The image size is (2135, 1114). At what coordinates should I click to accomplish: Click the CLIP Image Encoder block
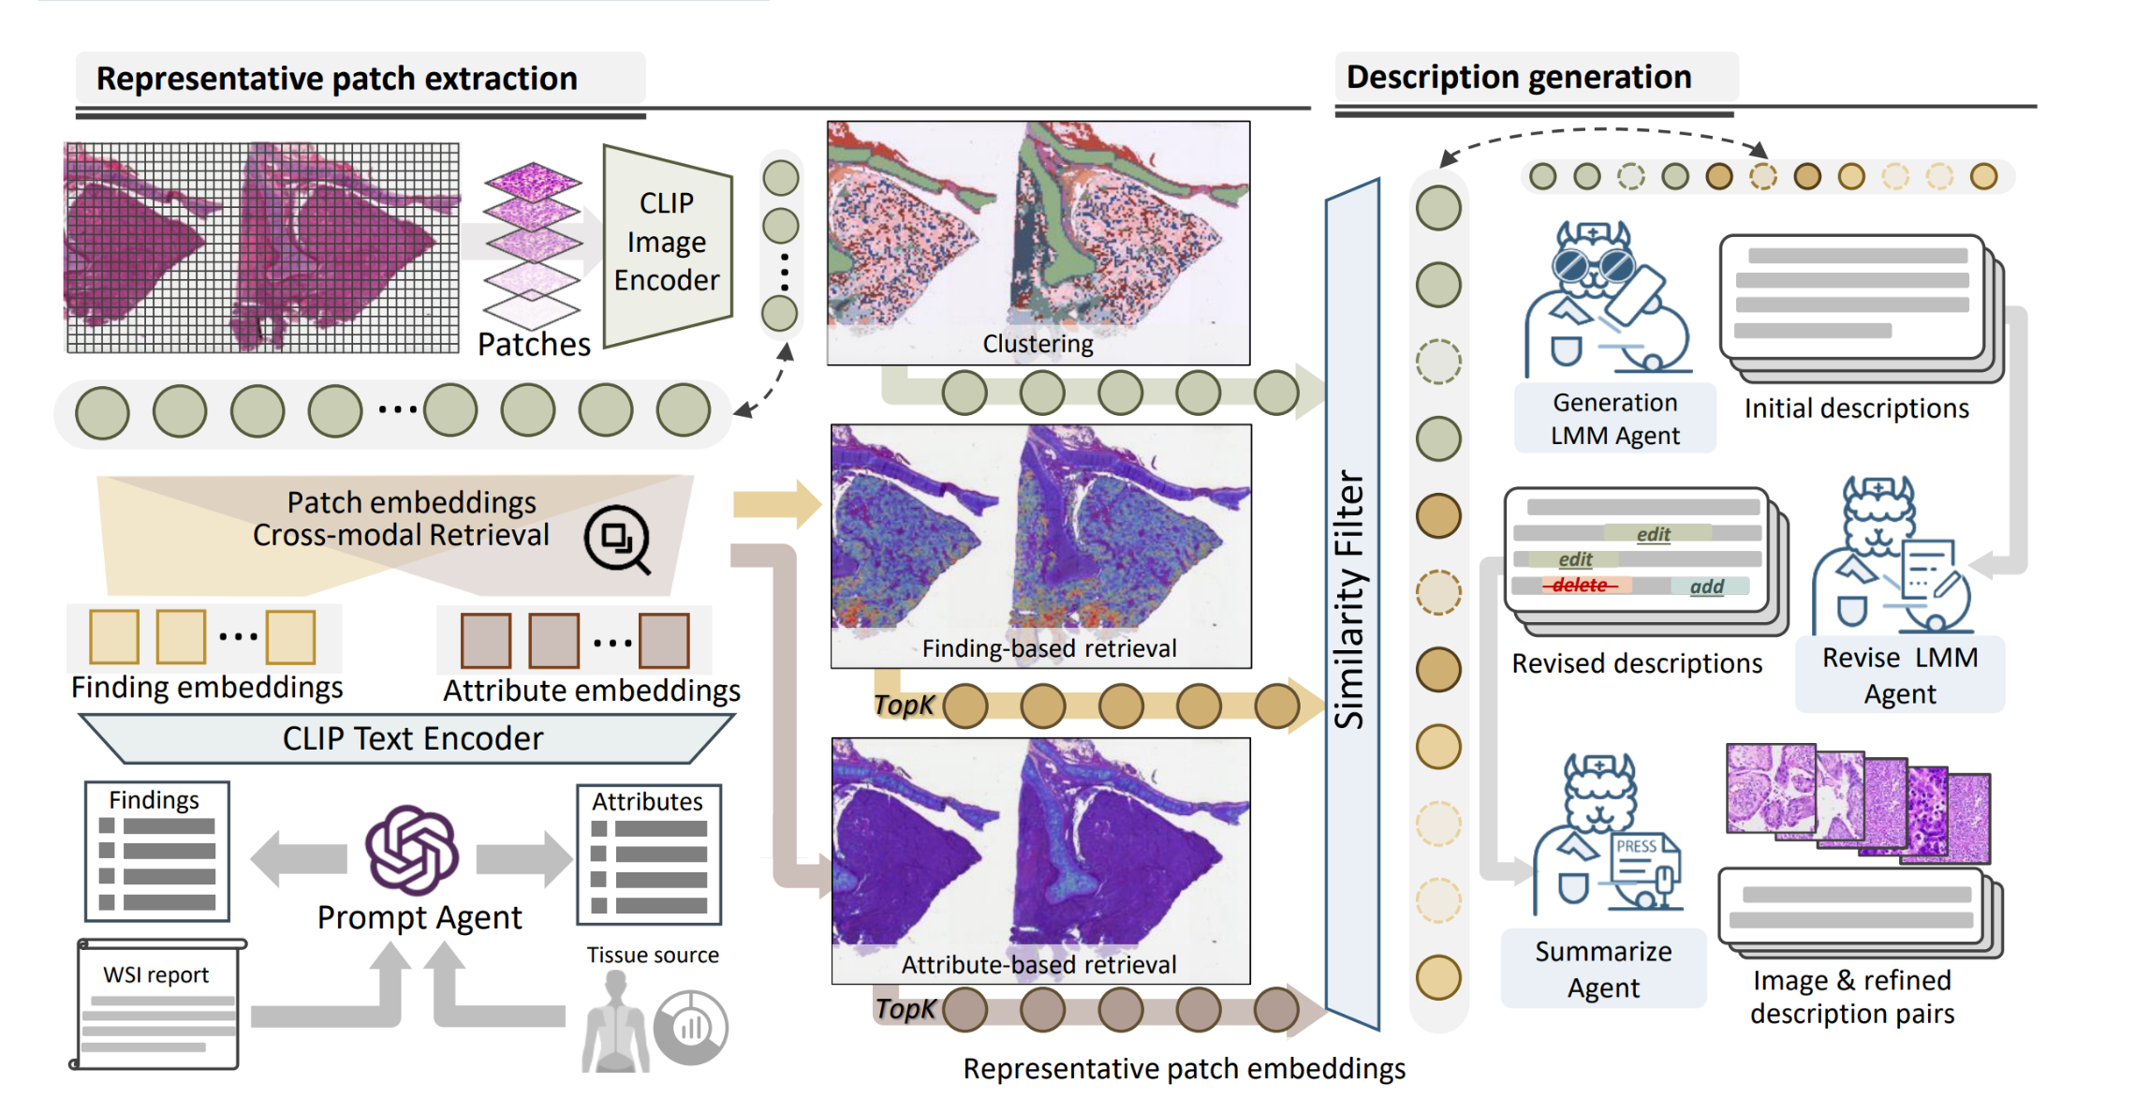click(x=666, y=243)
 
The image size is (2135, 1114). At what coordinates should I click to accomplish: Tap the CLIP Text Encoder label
click(x=412, y=738)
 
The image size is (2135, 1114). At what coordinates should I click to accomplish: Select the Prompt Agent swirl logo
click(x=412, y=850)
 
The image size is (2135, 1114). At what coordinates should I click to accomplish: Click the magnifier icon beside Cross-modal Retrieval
click(x=617, y=540)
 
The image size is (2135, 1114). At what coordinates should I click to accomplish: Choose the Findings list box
click(x=157, y=852)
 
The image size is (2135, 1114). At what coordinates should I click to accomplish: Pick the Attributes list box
click(x=648, y=854)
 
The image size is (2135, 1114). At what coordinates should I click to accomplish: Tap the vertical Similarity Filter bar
click(x=1351, y=600)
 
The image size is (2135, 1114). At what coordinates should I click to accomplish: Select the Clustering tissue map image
click(x=1038, y=242)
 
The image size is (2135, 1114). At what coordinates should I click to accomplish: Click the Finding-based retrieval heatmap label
click(x=1049, y=648)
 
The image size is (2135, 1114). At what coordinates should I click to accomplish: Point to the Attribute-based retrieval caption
click(x=1038, y=965)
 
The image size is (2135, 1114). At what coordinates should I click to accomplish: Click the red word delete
click(x=1580, y=586)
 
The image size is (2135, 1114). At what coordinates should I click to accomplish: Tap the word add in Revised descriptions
click(x=1707, y=587)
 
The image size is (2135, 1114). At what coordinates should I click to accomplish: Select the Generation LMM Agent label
click(x=1615, y=419)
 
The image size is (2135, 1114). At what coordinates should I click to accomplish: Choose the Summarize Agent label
click(x=1603, y=969)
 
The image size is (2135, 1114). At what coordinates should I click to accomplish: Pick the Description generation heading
click(x=1518, y=77)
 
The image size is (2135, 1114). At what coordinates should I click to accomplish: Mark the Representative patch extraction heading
click(x=337, y=79)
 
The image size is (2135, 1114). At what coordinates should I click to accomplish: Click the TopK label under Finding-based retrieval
click(x=904, y=705)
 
